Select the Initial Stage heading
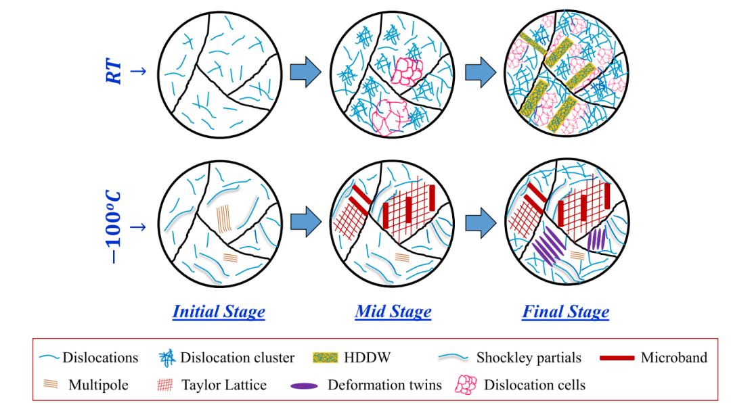point(219,312)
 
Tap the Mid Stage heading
point(393,312)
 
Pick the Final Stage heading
point(565,312)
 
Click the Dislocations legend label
point(100,358)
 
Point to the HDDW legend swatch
point(326,358)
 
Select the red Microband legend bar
point(617,358)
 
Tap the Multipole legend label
point(98,385)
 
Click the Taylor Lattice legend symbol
point(164,385)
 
